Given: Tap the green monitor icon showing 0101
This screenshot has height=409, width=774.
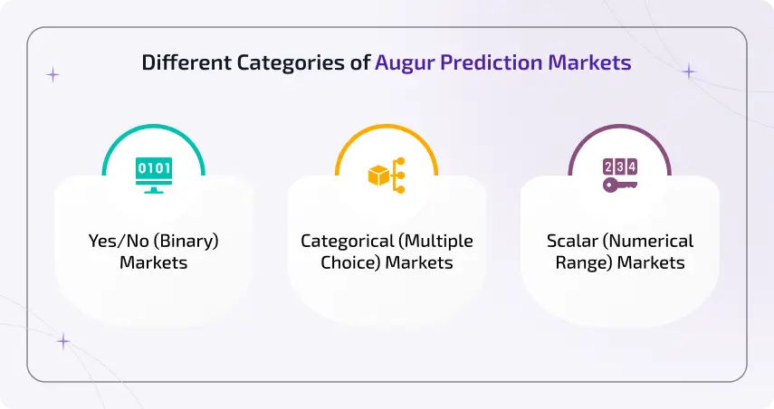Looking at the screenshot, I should coord(154,175).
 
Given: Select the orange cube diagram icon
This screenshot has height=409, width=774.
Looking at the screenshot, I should coord(387,175).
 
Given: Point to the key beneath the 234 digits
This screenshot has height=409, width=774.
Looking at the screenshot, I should coord(619,185).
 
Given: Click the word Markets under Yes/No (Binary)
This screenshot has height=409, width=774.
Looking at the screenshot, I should coord(153,263).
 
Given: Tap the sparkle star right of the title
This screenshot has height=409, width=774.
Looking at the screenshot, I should coord(689,71).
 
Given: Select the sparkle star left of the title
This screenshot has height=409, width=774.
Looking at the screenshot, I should coord(53,75).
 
